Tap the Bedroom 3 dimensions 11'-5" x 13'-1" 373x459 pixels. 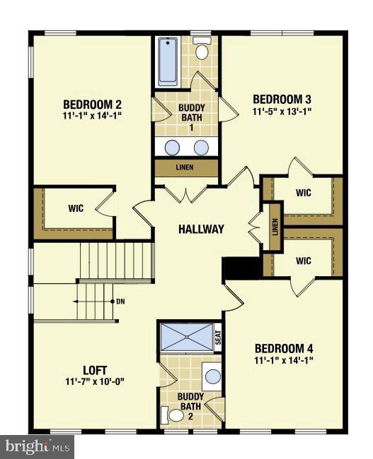[x=282, y=111]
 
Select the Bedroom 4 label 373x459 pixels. [x=284, y=348]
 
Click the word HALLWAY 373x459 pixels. [x=201, y=229]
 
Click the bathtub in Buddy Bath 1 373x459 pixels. [x=168, y=61]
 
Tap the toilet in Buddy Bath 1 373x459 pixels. [x=202, y=49]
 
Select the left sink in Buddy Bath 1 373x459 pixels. [x=172, y=147]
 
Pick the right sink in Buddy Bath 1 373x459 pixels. [x=202, y=147]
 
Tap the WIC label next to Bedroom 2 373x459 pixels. [x=76, y=208]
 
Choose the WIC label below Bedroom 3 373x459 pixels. [x=304, y=192]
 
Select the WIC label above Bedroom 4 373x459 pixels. [x=304, y=261]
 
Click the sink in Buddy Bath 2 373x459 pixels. [x=212, y=376]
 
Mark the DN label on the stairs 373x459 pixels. [x=121, y=302]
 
